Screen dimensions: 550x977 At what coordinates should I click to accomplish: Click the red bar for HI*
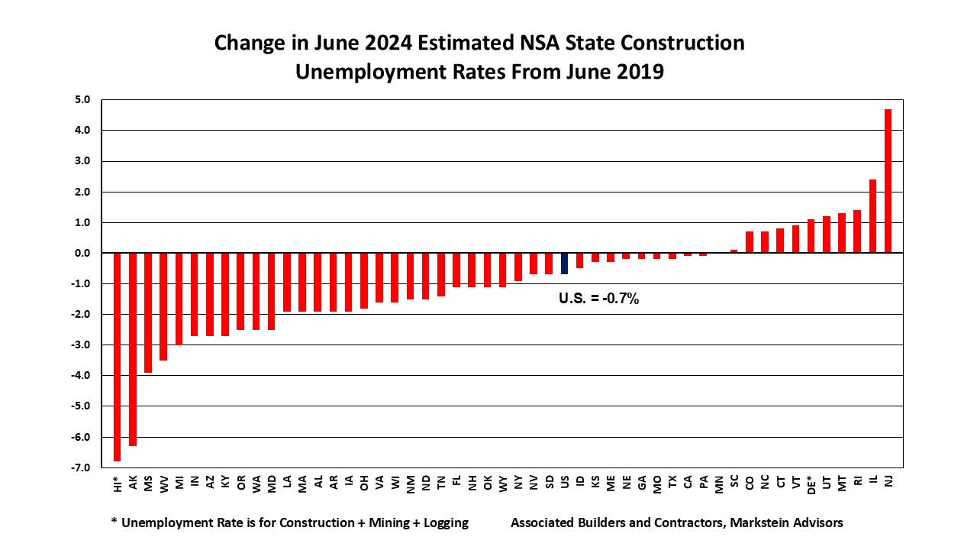118,357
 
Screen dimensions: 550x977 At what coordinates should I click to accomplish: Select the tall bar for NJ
888,181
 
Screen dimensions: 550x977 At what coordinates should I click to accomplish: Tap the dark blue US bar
565,264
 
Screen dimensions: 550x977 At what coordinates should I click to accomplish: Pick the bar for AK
133,349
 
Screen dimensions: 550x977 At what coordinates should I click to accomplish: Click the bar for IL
872,216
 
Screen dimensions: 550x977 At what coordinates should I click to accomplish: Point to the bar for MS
148,312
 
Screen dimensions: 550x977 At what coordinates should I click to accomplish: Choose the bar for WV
163,306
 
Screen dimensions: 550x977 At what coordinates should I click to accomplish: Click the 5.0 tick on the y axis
83,100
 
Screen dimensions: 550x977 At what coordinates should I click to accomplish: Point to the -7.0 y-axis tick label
82,467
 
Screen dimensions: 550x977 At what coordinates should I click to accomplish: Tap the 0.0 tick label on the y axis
83,253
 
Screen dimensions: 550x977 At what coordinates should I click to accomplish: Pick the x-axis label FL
456,483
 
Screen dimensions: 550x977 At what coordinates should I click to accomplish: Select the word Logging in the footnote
443,523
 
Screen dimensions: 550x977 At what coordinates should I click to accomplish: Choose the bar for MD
272,291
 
